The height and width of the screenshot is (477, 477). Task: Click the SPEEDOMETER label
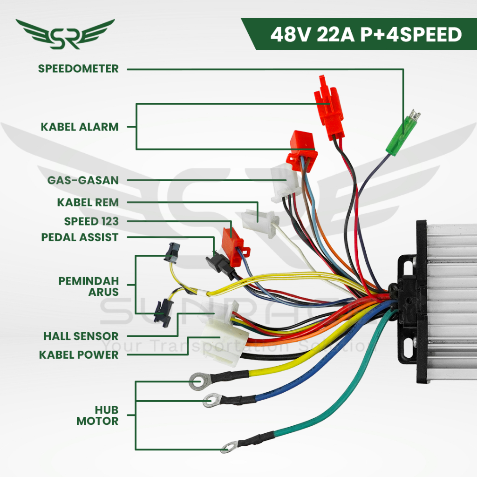coord(78,69)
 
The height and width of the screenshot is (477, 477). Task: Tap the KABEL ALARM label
coord(79,127)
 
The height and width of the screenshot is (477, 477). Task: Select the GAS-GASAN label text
coord(83,180)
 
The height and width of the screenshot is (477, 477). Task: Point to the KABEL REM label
coord(88,202)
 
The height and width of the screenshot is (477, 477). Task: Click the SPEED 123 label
coord(91,221)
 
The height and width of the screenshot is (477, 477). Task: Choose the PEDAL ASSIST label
coord(80,237)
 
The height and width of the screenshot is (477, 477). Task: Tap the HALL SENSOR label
coord(81,336)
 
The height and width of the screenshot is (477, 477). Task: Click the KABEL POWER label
coord(78,354)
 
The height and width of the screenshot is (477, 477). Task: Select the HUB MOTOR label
coord(97,416)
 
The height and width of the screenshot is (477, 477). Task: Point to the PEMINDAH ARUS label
coord(89,286)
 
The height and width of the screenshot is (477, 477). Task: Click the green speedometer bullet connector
coord(403,133)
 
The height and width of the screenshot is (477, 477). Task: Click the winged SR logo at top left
coord(65,34)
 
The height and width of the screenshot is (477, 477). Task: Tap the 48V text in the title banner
coord(291,34)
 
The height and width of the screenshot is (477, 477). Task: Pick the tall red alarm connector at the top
coord(329,108)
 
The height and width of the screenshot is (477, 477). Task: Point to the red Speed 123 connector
coord(235,246)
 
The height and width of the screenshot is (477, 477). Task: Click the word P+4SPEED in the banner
coord(411,34)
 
